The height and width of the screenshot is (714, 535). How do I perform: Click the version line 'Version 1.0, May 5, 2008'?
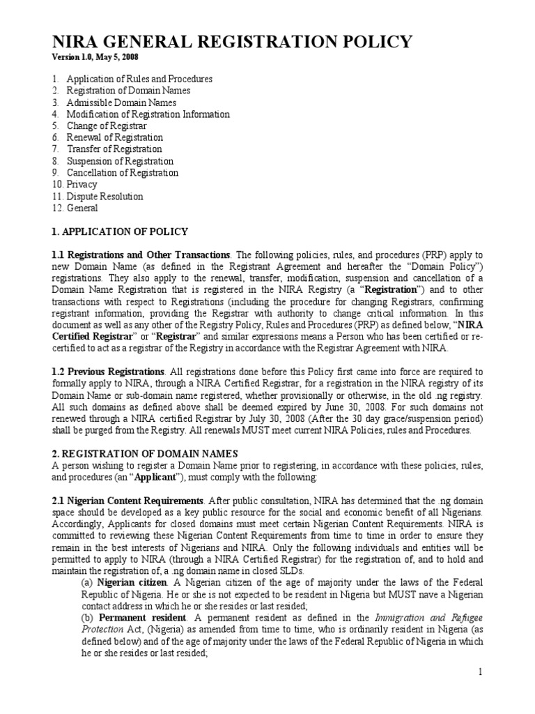point(100,57)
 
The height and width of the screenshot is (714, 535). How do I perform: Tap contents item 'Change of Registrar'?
point(107,126)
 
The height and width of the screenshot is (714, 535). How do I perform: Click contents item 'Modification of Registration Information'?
point(148,114)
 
